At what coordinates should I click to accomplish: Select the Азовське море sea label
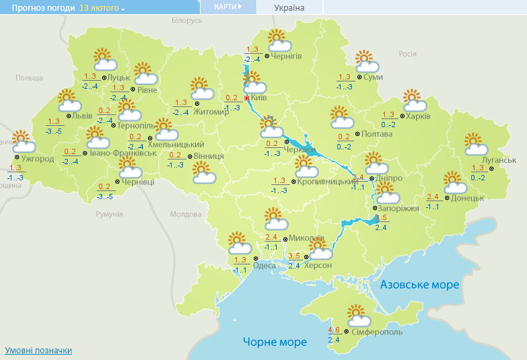pos(419,285)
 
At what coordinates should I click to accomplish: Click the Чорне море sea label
pos(275,342)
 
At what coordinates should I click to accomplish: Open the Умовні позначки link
pos(38,351)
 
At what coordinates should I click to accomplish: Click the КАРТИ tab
pos(228,7)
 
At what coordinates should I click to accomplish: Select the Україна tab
pos(289,8)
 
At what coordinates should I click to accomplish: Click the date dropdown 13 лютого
pos(102,8)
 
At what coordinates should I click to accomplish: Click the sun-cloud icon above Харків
pos(415,100)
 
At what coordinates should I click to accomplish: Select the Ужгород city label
pos(38,159)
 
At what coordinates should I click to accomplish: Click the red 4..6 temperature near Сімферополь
pos(334,330)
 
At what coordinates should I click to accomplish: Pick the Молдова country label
pos(185,214)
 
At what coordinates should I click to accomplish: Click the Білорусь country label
pos(186,21)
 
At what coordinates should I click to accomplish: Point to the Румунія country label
pos(109,213)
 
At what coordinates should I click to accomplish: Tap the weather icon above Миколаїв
pos(275,219)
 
